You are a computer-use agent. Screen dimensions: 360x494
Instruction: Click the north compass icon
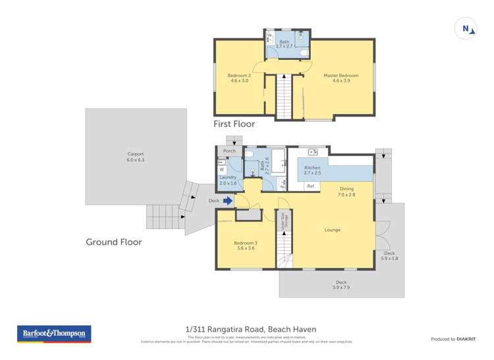coord(466,28)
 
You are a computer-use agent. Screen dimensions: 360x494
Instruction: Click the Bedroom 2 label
coord(238,78)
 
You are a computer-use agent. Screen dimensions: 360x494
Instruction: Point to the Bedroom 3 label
coord(245,245)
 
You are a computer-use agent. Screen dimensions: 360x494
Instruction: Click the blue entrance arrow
coord(228,200)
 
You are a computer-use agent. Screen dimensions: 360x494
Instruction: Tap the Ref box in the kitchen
coord(311,186)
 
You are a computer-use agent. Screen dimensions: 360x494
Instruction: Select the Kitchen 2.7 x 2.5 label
coord(312,170)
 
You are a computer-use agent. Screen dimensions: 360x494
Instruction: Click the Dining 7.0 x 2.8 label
coord(346,192)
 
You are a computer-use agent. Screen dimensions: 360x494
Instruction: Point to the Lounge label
coord(332,230)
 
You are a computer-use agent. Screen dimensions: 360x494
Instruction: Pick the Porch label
coord(229,151)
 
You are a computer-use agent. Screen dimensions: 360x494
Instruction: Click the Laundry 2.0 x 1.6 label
coord(227,180)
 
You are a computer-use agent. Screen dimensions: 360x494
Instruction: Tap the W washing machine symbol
coord(221,169)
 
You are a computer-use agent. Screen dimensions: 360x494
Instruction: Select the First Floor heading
coord(234,124)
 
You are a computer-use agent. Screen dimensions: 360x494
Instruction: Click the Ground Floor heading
coord(113,242)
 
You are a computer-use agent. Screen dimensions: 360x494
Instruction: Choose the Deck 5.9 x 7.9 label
coord(342,286)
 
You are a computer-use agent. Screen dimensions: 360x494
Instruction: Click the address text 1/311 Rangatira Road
coord(251,329)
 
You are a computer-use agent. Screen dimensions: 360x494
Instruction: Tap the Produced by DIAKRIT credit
coord(453,339)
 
